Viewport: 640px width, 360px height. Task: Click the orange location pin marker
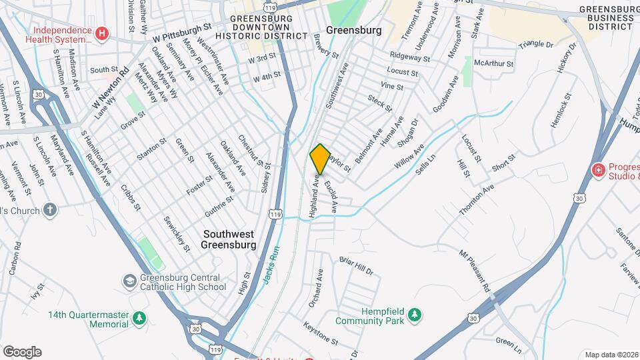click(320, 159)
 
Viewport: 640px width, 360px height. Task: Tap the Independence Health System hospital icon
click(101, 33)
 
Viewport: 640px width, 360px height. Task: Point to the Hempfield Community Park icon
click(415, 313)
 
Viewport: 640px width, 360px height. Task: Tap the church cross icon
click(50, 209)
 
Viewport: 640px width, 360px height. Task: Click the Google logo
click(22, 351)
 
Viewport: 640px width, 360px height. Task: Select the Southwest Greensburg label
click(230, 239)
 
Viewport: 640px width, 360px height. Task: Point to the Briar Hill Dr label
click(356, 265)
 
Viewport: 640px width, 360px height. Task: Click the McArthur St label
click(493, 64)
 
